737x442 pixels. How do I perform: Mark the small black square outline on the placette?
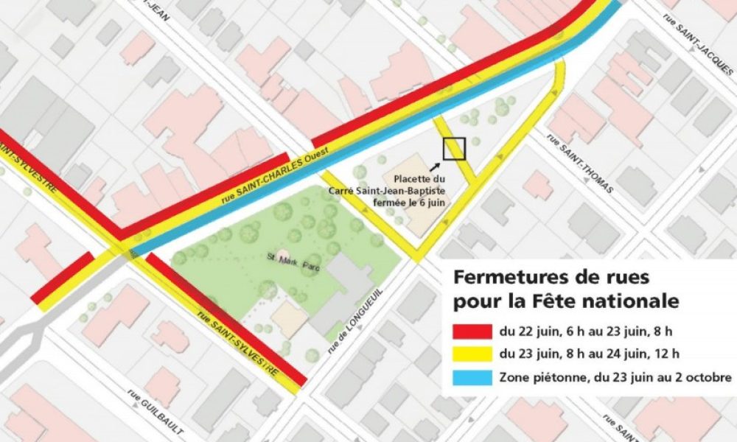[x=454, y=149]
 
